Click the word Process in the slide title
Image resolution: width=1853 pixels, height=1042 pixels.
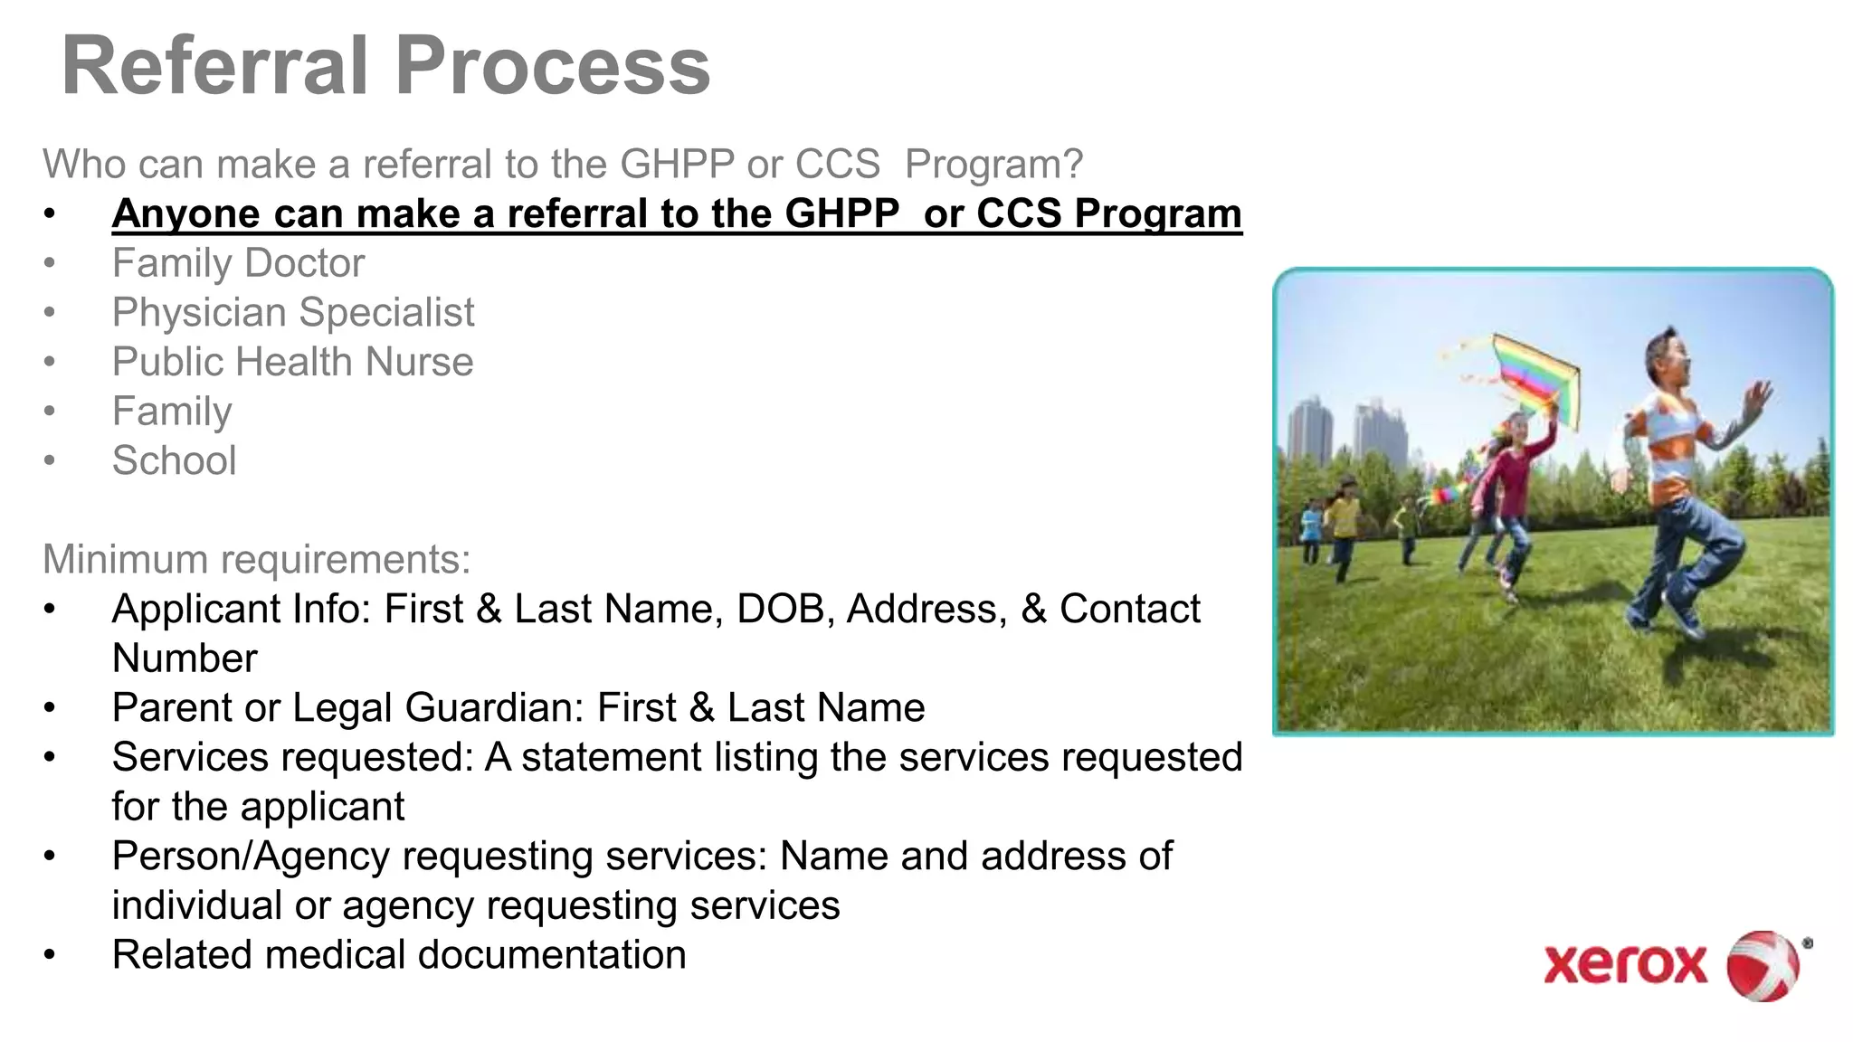click(553, 66)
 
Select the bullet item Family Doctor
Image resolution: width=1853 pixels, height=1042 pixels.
click(238, 263)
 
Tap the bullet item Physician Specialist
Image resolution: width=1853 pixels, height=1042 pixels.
click(292, 313)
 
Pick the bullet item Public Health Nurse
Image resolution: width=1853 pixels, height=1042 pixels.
click(292, 362)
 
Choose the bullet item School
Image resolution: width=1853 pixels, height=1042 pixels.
click(174, 460)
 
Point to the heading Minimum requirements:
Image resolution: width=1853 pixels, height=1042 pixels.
click(256, 559)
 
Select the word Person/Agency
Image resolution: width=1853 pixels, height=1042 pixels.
click(251, 856)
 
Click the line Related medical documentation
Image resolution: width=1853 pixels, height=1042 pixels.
click(398, 955)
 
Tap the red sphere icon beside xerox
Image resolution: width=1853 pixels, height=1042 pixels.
click(1763, 965)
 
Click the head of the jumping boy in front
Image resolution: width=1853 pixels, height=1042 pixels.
click(1669, 357)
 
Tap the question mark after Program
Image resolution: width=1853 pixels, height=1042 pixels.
click(1073, 165)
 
